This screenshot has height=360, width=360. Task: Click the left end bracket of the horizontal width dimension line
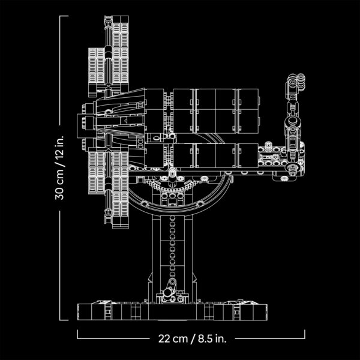coord(78,333)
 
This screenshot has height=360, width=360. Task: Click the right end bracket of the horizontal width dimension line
coord(305,333)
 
